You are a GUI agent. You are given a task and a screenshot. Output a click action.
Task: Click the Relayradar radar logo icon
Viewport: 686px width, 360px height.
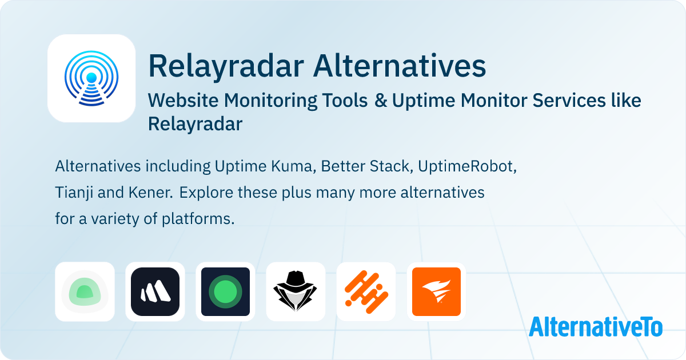(91, 78)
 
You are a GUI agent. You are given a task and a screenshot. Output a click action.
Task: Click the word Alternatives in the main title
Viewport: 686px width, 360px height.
(400, 66)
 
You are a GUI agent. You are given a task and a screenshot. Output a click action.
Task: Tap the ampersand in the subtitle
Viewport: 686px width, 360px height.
(380, 101)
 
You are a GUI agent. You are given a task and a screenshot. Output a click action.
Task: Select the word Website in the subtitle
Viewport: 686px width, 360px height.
(183, 101)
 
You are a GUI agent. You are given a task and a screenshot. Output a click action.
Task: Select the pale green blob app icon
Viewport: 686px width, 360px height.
(85, 292)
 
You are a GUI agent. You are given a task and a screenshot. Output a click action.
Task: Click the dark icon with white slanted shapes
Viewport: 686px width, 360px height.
(155, 292)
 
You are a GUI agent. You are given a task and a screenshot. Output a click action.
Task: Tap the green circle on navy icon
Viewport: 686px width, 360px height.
(225, 292)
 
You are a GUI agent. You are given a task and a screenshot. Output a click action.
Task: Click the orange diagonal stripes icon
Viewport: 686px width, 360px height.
(366, 292)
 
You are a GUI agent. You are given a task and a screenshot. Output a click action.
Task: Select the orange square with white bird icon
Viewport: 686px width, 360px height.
(436, 292)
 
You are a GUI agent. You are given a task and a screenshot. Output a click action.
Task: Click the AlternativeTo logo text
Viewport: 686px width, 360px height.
(596, 327)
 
